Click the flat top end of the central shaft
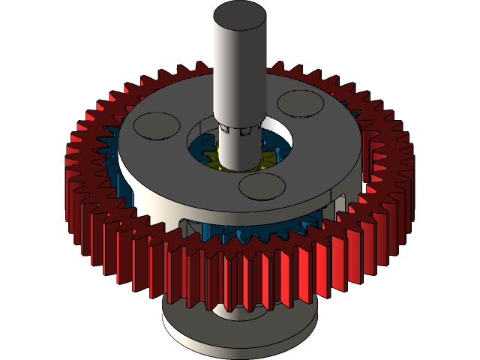point(239,14)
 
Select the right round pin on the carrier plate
point(299,103)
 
